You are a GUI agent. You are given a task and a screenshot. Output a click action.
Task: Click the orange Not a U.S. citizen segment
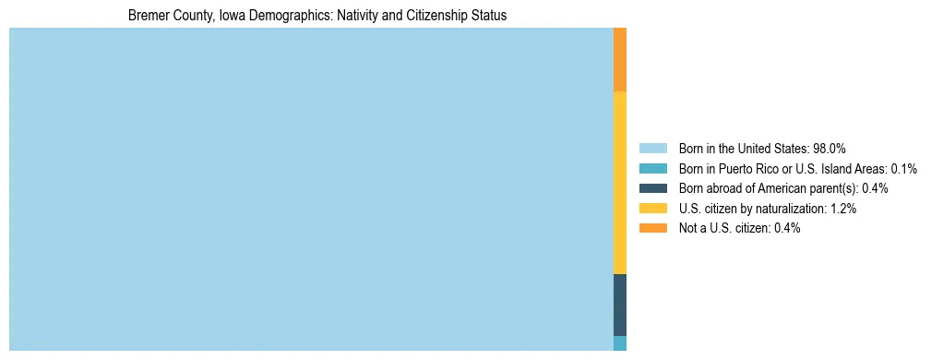pos(620,60)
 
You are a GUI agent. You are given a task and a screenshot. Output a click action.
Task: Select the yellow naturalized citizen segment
pos(620,183)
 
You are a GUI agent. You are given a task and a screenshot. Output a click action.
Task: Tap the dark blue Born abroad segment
pos(620,305)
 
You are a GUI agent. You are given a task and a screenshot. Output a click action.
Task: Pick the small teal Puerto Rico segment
pos(620,343)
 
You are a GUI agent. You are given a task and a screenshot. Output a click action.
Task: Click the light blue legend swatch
pos(652,148)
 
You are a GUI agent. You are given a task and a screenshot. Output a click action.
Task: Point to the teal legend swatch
pos(652,168)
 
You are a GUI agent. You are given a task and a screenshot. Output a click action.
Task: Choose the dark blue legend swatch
pos(652,188)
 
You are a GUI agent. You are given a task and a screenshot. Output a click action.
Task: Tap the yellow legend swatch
pos(652,209)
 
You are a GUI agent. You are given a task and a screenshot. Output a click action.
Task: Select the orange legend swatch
pos(652,228)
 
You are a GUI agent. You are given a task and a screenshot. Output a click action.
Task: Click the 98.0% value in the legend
pos(830,149)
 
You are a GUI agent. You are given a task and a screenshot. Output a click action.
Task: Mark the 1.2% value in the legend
pos(843,210)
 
